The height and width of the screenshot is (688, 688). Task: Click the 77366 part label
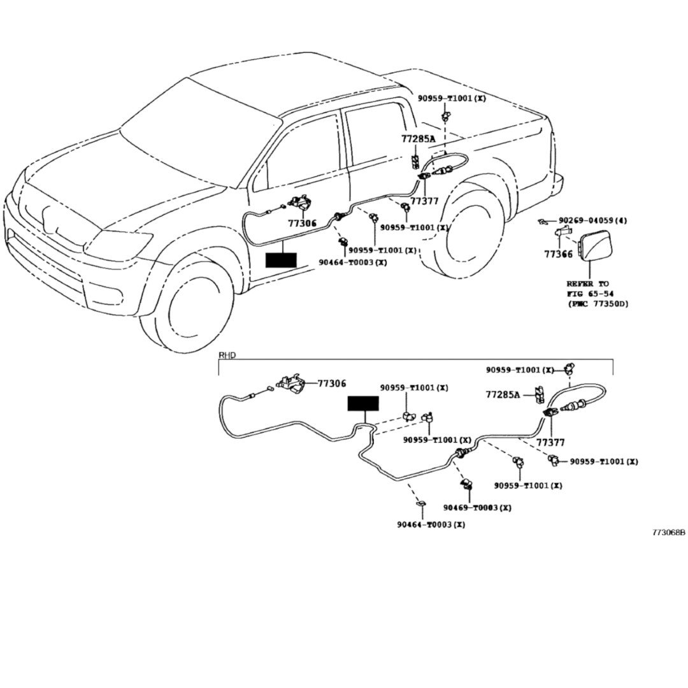(x=558, y=254)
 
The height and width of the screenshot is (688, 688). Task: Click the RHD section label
(x=227, y=355)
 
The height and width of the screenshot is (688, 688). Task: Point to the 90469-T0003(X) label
(x=477, y=508)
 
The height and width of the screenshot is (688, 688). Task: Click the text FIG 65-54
(x=588, y=294)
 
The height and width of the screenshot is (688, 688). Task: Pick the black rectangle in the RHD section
(x=363, y=404)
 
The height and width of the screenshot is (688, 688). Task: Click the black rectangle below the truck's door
(x=281, y=260)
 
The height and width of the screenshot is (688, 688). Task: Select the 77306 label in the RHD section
(x=332, y=383)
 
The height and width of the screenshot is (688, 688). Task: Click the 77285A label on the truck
(x=419, y=139)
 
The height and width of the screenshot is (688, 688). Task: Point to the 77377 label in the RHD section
(x=550, y=441)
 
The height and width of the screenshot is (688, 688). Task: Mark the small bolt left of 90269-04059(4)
(x=541, y=221)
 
